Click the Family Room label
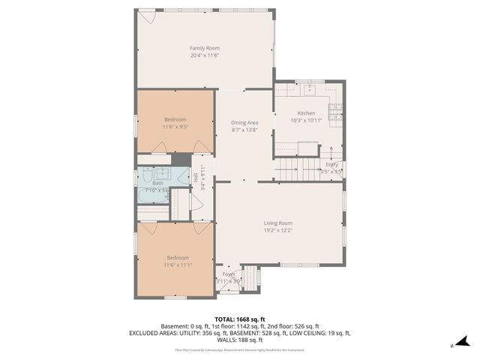click(x=204, y=48)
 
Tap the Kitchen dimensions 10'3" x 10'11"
click(x=306, y=120)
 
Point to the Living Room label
click(x=277, y=223)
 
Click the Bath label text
click(x=157, y=183)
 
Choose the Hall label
click(x=196, y=178)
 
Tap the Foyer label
click(x=229, y=274)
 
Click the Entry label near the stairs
click(x=332, y=165)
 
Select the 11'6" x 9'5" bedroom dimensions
click(x=175, y=127)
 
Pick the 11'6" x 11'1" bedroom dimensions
click(x=178, y=265)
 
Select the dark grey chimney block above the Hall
click(x=181, y=159)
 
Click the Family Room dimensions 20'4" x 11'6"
click(x=204, y=55)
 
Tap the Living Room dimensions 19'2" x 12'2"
click(x=277, y=230)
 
